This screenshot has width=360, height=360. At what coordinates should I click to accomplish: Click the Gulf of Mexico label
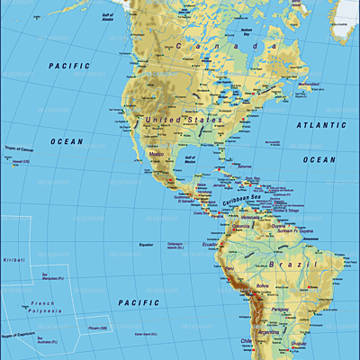(190, 159)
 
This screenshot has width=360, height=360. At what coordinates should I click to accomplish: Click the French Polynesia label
(42, 309)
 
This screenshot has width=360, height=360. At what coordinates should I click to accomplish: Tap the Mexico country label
(155, 155)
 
